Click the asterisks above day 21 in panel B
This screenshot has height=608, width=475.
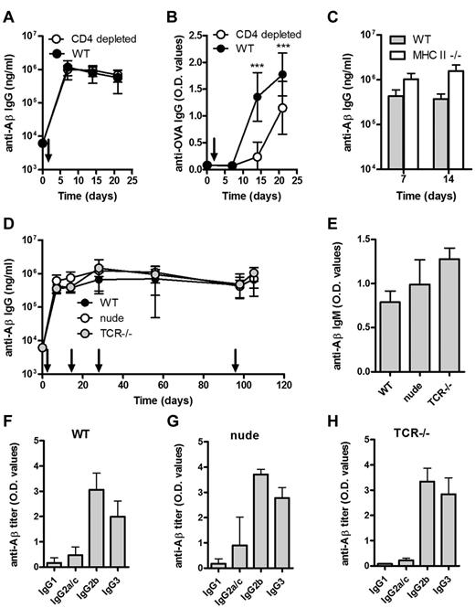pyautogui.click(x=282, y=43)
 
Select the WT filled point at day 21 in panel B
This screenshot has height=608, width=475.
pyautogui.click(x=282, y=75)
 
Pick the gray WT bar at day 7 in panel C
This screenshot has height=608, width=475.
pyautogui.click(x=372, y=133)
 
